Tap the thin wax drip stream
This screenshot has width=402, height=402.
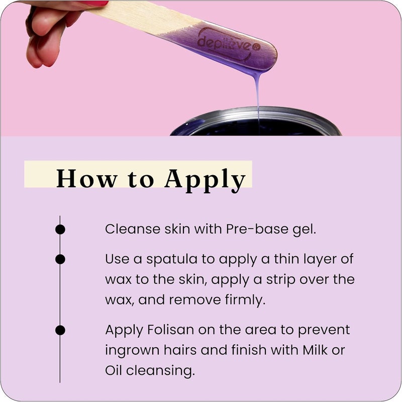tap(258, 95)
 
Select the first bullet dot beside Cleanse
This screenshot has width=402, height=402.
tap(60, 229)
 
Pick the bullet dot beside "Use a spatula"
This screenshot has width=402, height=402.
tap(60, 259)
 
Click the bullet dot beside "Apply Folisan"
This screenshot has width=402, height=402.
tap(60, 330)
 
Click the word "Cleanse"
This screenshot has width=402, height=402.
tap(128, 229)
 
